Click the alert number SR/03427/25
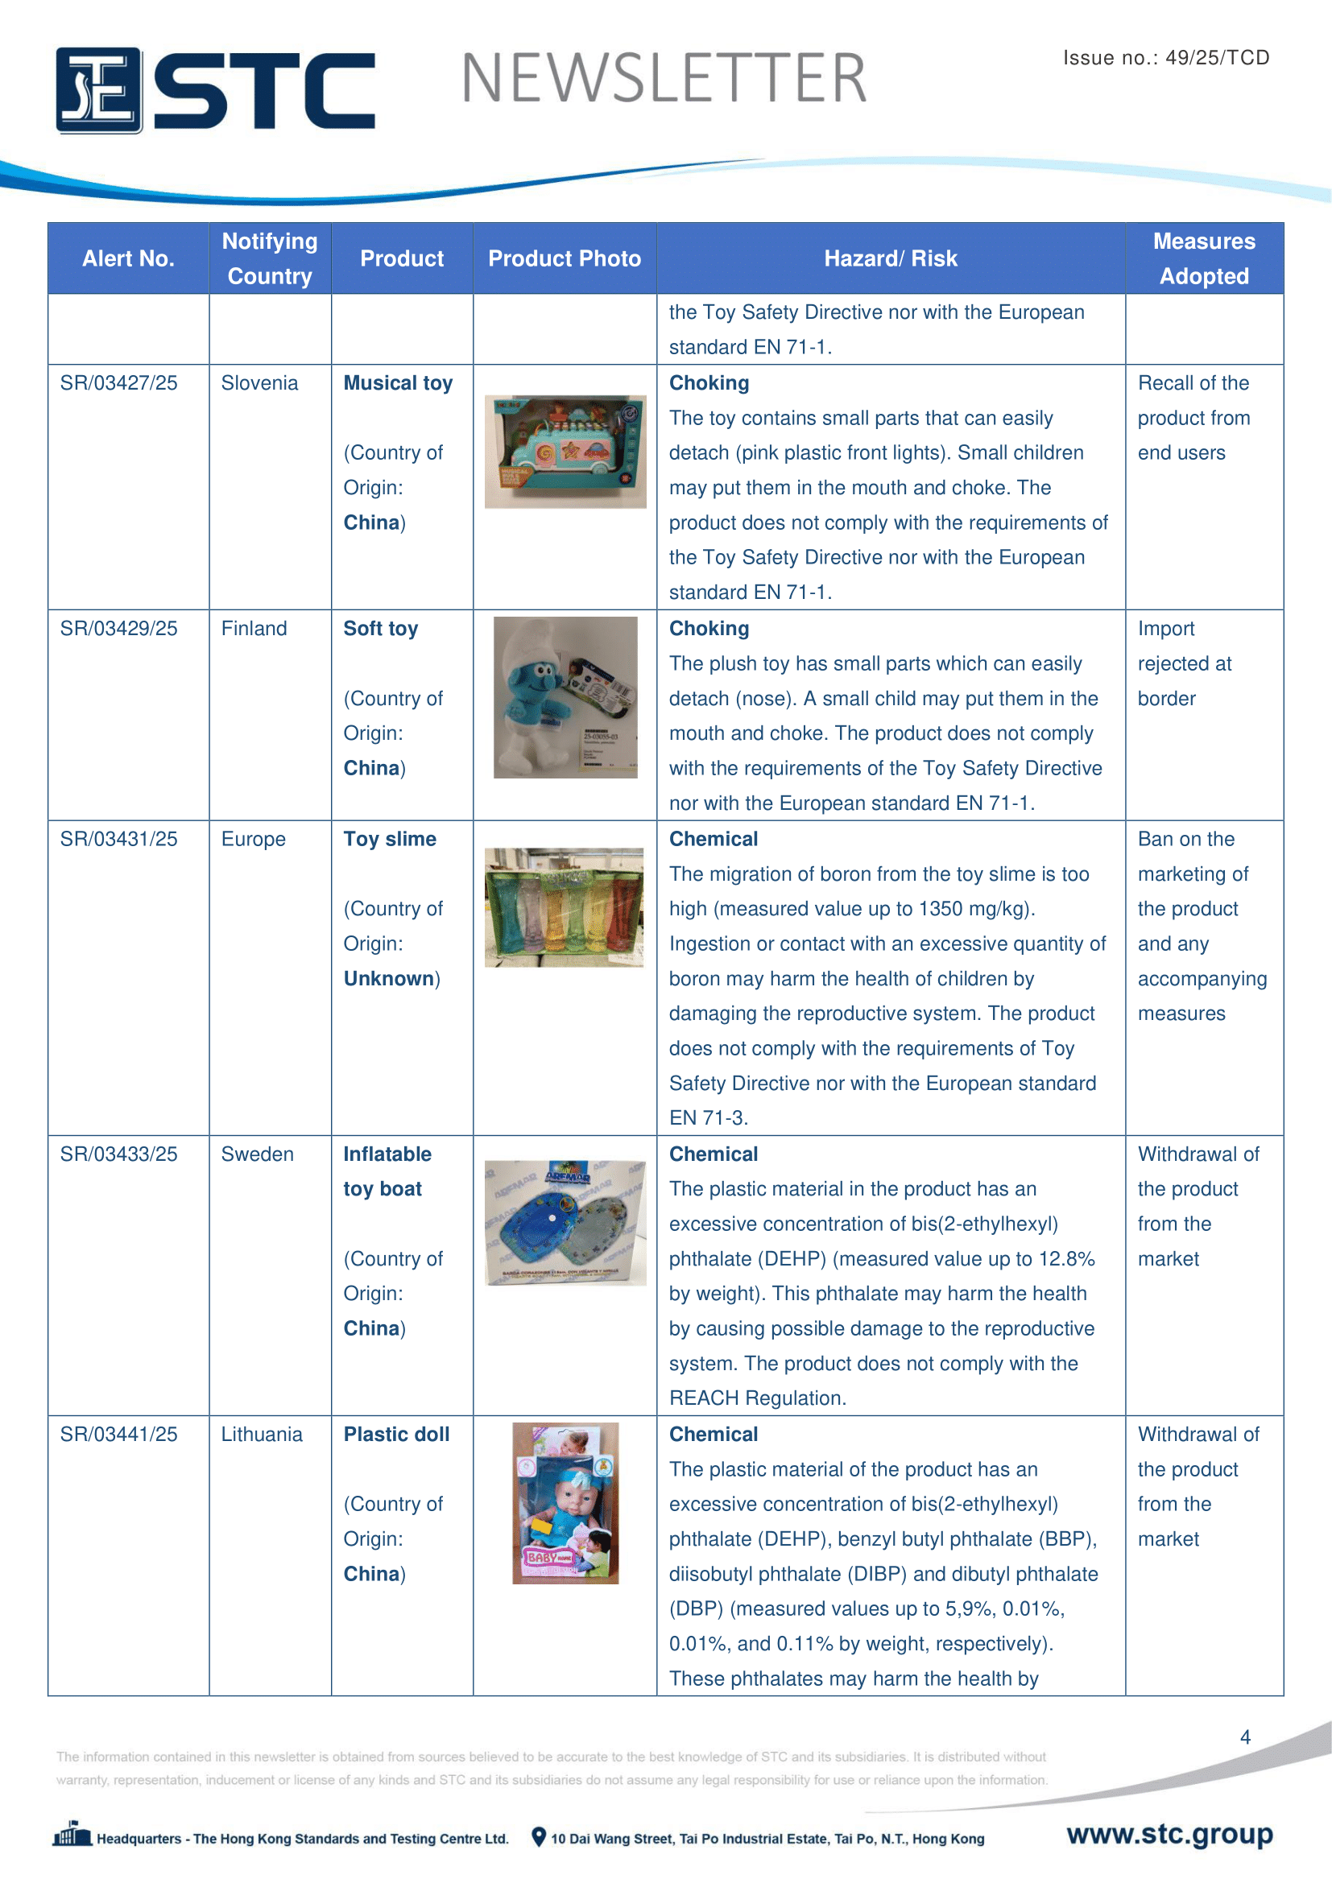119,383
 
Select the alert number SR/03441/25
119,1435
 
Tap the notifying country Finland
254,629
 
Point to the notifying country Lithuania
262,1435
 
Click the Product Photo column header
565,258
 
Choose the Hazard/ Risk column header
890,258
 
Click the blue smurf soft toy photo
565,697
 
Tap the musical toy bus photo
565,451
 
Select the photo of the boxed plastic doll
565,1503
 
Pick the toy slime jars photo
565,907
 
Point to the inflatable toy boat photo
565,1222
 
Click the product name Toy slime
390,839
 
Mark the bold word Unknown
389,978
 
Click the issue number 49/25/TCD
1217,57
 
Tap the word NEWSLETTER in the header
664,79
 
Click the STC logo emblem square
99,90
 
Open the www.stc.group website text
1169,1834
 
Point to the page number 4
1245,1737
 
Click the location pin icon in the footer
538,1837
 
